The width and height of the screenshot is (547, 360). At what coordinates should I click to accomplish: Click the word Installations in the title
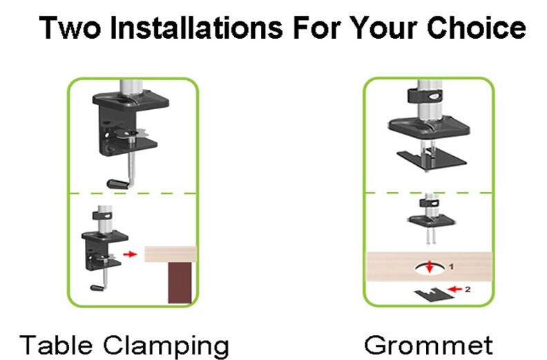pos(196,28)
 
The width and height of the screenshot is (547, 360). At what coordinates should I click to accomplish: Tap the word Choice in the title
pos(476,28)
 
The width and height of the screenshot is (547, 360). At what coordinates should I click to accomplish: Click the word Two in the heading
pos(70,28)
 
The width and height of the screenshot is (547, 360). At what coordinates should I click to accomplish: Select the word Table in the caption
pos(56,344)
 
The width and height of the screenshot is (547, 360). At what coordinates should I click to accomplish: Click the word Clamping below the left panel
pos(166,345)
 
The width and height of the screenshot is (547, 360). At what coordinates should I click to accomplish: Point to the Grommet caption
pos(428,345)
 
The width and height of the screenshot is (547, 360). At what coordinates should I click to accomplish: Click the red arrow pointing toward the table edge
pos(130,254)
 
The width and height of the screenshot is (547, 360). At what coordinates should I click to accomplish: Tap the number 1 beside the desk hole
pos(452,267)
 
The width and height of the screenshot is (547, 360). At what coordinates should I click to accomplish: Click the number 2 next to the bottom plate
pos(468,289)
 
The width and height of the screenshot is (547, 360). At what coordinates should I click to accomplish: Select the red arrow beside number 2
pos(454,289)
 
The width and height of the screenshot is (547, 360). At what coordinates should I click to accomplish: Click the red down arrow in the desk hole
pos(430,267)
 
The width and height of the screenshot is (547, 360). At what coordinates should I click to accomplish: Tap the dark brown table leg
pos(180,283)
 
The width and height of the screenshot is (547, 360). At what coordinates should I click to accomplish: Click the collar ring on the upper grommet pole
pos(425,95)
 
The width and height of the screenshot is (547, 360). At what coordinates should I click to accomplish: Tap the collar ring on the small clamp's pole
pos(102,216)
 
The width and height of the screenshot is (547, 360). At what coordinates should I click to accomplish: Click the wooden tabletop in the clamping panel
pos(171,254)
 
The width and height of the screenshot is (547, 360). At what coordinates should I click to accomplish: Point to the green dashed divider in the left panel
pos(133,193)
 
